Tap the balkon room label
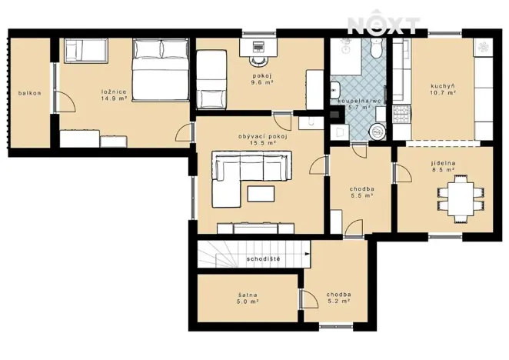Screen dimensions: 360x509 pos(30,94)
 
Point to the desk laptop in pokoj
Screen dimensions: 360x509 pos(257,47)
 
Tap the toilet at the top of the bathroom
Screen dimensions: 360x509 pos(375,48)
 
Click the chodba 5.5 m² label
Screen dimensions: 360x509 pos(360,192)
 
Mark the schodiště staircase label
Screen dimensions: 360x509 pos(263,259)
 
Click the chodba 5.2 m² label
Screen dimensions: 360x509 pos(338,298)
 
